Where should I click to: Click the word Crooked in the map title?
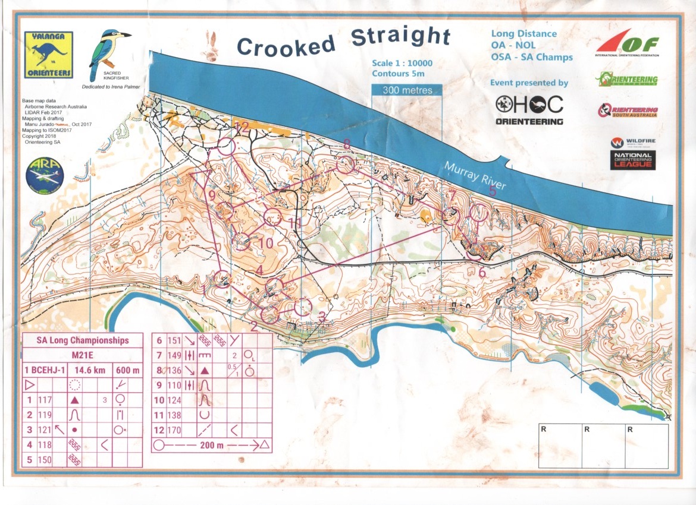point(287,45)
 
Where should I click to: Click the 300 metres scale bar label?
point(407,90)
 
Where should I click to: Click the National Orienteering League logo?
point(633,160)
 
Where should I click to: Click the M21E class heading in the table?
point(83,355)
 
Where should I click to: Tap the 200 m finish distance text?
point(213,444)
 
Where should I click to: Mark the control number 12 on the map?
point(241,126)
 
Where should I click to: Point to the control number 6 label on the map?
point(482,272)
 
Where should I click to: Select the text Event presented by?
point(528,83)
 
